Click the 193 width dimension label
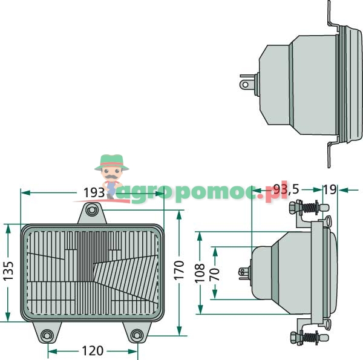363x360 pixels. pyautogui.click(x=94, y=192)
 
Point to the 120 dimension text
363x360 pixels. pyautogui.click(x=92, y=350)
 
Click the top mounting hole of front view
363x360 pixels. pyautogui.click(x=91, y=210)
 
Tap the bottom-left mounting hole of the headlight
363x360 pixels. pyautogui.click(x=48, y=333)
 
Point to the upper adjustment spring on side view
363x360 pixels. pyautogui.click(x=311, y=208)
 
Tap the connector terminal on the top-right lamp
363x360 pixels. pyautogui.click(x=246, y=83)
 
